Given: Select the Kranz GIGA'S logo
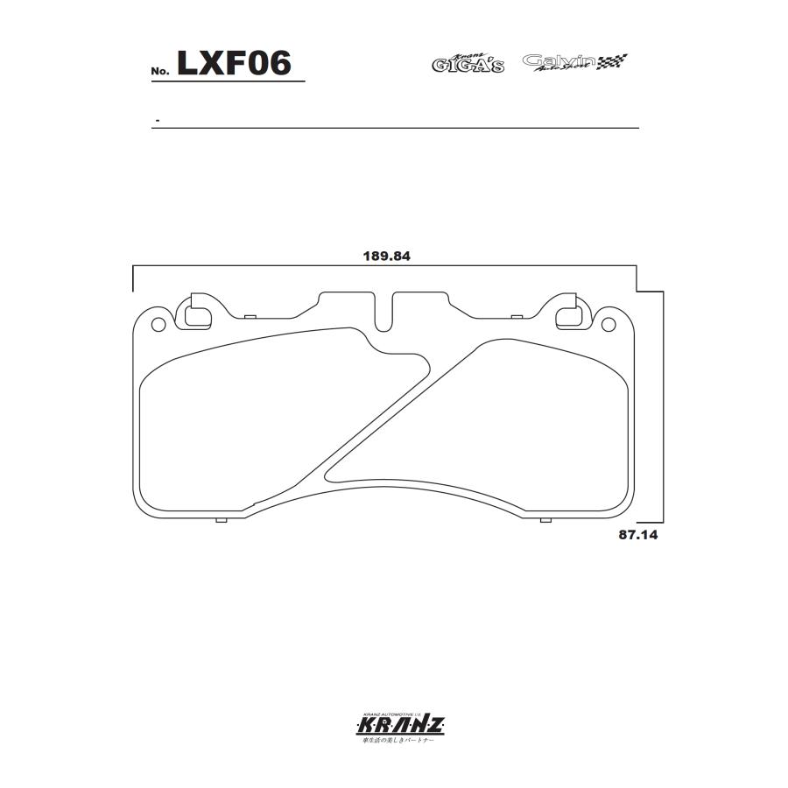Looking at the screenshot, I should click(468, 63).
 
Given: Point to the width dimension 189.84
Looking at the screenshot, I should click(387, 257).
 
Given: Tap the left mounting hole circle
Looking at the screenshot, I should click(158, 326).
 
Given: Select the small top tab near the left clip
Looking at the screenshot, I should click(249, 315).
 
